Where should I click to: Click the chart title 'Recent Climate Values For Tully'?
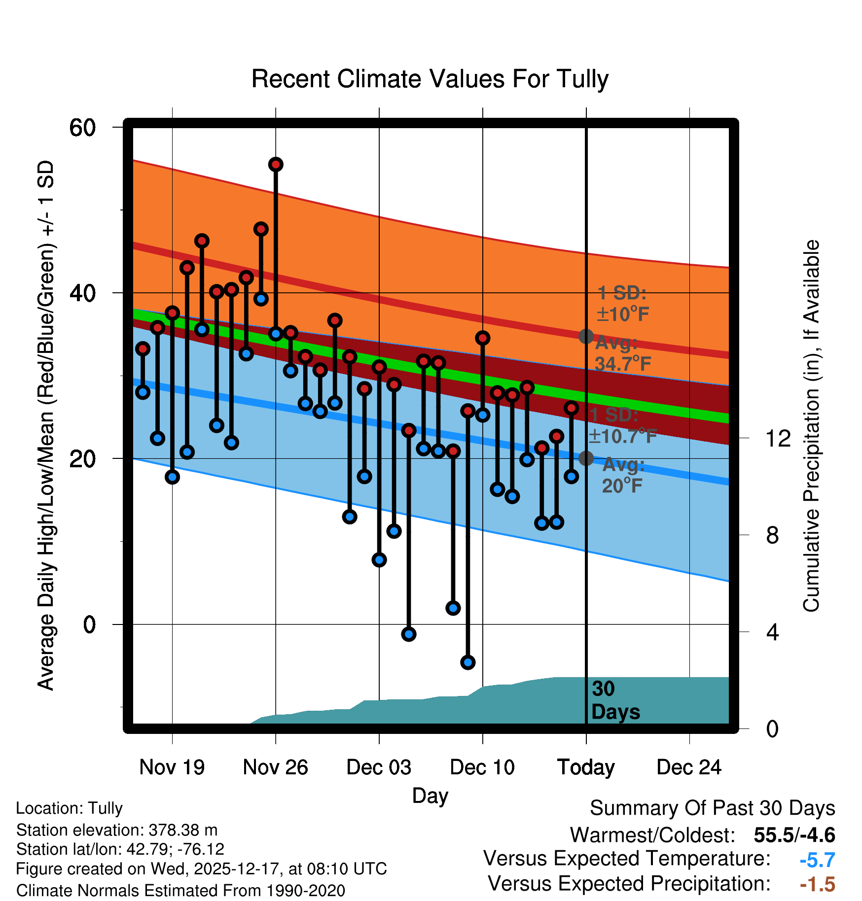[x=430, y=79]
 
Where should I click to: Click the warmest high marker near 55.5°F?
[x=276, y=164]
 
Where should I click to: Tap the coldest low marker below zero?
[x=468, y=662]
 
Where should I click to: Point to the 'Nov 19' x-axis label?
[x=172, y=767]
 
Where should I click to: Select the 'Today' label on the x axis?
[x=586, y=767]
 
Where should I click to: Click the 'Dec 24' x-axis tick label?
[x=689, y=767]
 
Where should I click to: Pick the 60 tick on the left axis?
[x=82, y=128]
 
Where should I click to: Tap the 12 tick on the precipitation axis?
[x=778, y=438]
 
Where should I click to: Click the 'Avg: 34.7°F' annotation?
[x=622, y=353]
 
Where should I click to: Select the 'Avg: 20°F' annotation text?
[x=622, y=476]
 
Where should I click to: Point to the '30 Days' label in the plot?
[x=615, y=700]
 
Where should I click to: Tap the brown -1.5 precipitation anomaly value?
[x=817, y=884]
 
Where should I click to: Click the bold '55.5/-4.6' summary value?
[x=794, y=835]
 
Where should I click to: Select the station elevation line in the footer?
[x=117, y=830]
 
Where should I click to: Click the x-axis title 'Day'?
[x=430, y=796]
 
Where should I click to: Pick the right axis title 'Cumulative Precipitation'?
[x=811, y=426]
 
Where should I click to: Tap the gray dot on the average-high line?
[x=586, y=337]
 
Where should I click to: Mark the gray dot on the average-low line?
[x=586, y=458]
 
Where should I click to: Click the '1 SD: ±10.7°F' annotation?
[x=622, y=426]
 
